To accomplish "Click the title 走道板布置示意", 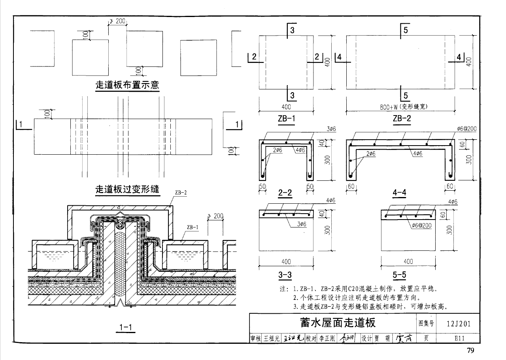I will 127,85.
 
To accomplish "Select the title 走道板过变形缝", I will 127,189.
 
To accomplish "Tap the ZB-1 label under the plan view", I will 287,118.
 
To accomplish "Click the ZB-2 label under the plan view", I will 402,118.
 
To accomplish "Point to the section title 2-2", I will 285,193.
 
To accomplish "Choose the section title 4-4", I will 400,193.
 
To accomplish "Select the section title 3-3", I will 285,275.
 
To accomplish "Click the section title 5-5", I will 400,275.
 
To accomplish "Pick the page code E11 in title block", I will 459,338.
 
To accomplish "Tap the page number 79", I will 470,351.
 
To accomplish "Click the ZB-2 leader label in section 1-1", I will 181,193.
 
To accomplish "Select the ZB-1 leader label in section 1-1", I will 193,227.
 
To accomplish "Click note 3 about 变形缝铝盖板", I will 370,306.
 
